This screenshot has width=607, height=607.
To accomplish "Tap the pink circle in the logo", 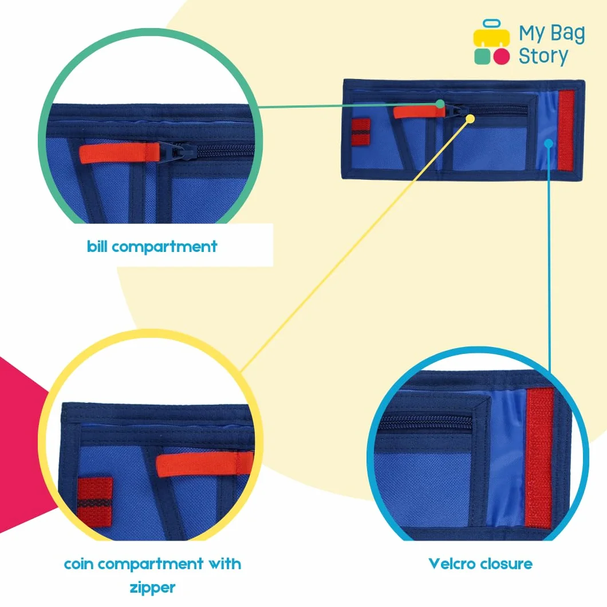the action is tap(502, 56).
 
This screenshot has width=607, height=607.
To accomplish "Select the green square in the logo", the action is tap(483, 56).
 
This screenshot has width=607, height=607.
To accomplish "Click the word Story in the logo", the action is tap(543, 57).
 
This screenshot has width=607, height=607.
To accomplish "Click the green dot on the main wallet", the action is tap(440, 104).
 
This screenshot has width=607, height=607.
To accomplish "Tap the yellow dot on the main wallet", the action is tap(470, 119).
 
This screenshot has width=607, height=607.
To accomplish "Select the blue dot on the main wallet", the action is tap(548, 144).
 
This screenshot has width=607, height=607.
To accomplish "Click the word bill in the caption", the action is tap(97, 246).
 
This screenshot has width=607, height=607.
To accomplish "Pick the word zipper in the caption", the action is tap(152, 588).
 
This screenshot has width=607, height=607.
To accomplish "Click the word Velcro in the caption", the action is tap(452, 563).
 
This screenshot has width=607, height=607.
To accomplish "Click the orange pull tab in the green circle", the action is tap(120, 153).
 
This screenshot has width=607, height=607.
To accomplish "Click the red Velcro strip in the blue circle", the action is tap(539, 458).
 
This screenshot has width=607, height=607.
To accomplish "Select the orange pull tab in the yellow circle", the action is tap(204, 463).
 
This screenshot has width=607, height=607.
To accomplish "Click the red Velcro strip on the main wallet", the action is tap(566, 131).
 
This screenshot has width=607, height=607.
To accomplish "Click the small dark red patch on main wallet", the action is tap(360, 132).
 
